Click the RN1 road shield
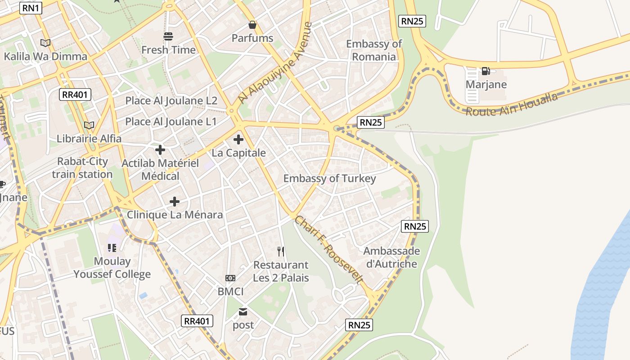(31, 8)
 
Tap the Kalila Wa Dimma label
(45, 57)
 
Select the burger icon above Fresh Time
(168, 36)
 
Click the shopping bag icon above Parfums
(252, 25)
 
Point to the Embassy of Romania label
(374, 50)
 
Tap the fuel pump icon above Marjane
(486, 71)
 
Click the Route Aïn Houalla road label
(511, 104)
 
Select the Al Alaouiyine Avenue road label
(275, 63)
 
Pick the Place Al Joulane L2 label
(171, 101)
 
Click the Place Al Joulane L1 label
(171, 121)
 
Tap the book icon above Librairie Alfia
(89, 125)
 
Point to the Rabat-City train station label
(82, 168)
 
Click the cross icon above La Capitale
(238, 139)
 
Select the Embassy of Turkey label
(329, 179)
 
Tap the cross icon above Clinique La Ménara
(175, 202)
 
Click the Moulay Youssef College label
(112, 268)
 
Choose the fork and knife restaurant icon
(281, 251)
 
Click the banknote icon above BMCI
(230, 278)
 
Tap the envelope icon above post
(243, 311)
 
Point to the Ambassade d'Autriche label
(391, 257)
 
